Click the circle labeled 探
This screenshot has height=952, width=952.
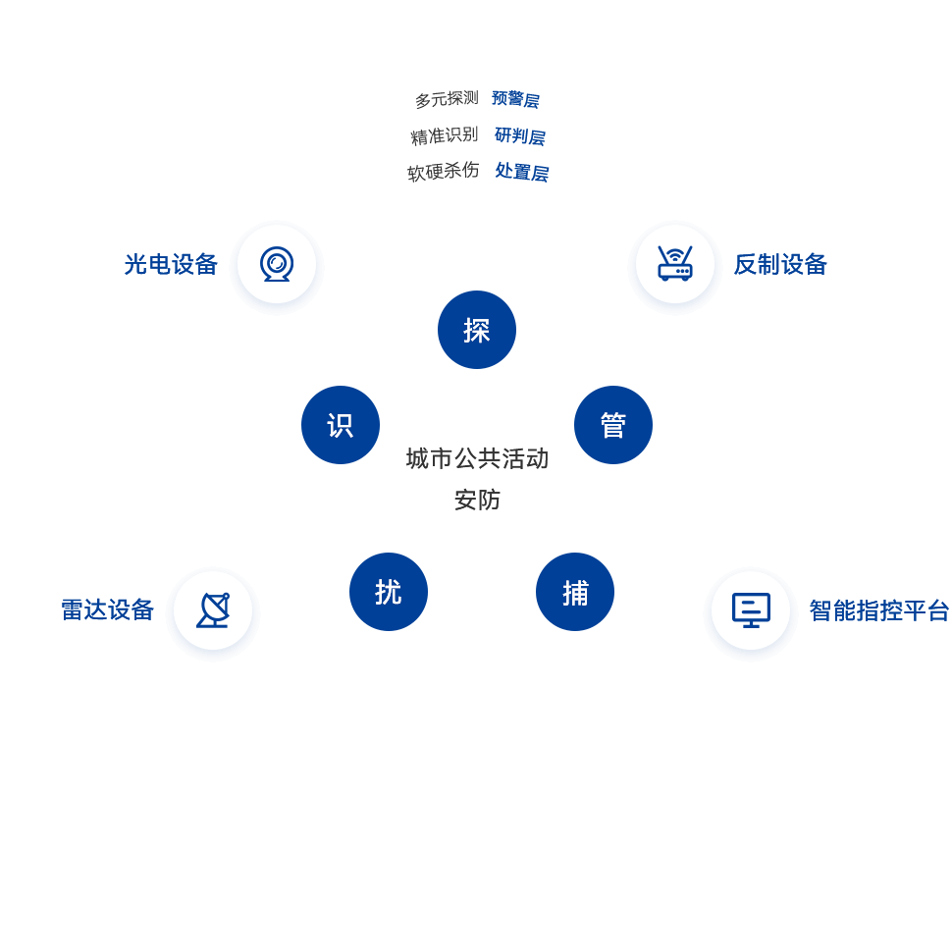click(477, 330)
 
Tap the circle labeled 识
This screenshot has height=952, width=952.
click(341, 425)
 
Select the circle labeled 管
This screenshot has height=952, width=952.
click(613, 425)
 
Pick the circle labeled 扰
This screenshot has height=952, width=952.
click(389, 592)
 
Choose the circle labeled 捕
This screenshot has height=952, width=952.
click(575, 592)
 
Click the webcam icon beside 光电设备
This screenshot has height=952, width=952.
click(277, 265)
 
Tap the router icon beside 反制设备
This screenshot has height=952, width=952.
click(675, 265)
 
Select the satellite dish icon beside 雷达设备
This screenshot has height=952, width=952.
click(213, 611)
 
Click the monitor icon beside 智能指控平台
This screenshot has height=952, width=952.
click(751, 611)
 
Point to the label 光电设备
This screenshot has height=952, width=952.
click(171, 264)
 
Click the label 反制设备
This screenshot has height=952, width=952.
click(780, 264)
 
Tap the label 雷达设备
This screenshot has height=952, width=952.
click(108, 609)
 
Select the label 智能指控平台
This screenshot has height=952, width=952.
click(879, 610)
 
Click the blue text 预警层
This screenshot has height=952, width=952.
click(515, 99)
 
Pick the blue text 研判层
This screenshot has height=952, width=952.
click(519, 135)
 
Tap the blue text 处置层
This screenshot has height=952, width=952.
click(521, 172)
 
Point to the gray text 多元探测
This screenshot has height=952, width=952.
click(447, 99)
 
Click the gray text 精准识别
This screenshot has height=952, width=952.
click(445, 135)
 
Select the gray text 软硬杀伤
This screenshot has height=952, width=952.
click(444, 172)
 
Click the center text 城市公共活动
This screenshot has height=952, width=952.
click(477, 458)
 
